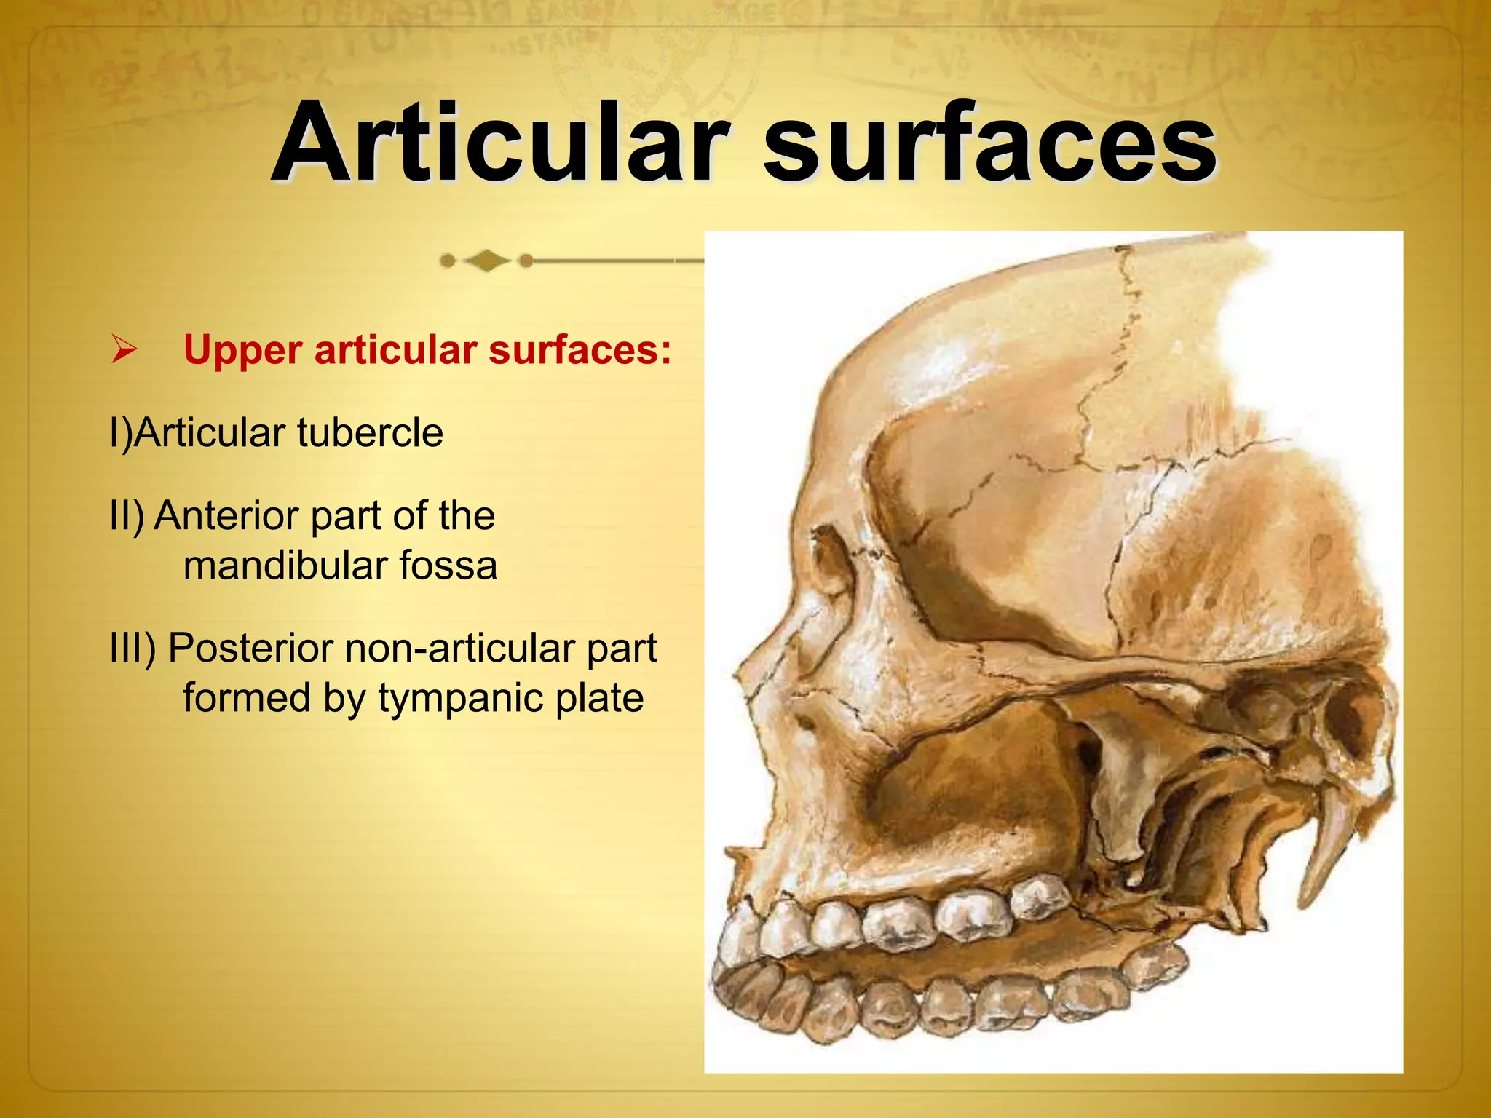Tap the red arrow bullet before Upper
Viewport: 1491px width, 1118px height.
124,350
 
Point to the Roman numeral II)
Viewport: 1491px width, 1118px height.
127,515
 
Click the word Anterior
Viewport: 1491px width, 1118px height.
229,515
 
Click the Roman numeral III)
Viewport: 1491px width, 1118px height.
133,648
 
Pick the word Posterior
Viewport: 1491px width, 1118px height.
250,648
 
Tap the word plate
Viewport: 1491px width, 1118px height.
599,698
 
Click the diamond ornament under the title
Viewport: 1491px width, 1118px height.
486,260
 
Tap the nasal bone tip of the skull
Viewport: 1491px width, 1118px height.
743,666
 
